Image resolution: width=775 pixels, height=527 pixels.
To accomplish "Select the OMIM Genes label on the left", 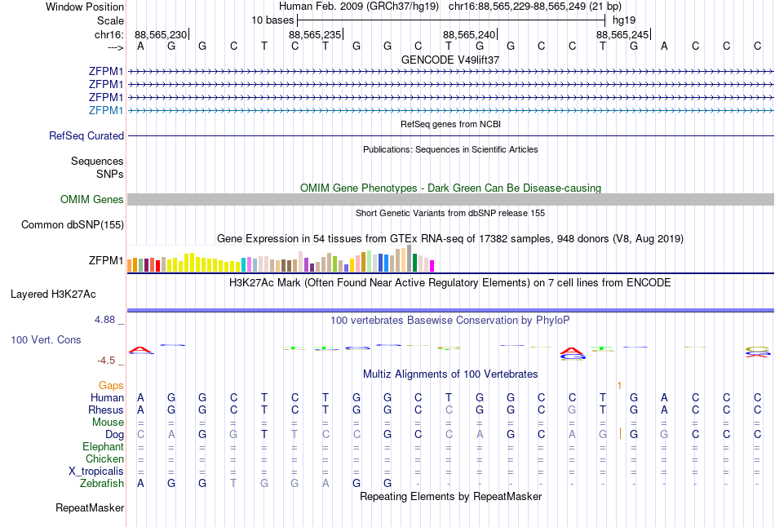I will point(92,200).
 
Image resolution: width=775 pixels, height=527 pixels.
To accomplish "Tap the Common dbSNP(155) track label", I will point(73,225).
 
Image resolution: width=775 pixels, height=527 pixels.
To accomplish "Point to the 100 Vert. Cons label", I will point(46,339).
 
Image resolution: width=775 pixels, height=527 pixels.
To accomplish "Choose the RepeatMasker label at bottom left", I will point(90,508).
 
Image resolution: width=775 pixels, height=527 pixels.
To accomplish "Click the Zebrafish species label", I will point(102,484).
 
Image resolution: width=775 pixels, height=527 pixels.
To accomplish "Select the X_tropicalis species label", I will point(96,472).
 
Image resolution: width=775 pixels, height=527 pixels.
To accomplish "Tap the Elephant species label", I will point(103,447).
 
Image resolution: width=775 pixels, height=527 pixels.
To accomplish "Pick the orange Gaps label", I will point(111,385).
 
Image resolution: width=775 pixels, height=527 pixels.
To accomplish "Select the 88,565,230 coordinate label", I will point(161,34).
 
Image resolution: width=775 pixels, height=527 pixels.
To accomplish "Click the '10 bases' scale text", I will point(272,20).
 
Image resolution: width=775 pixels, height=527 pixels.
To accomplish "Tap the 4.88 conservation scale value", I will point(105,320).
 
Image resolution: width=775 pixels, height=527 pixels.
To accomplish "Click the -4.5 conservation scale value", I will point(106,361).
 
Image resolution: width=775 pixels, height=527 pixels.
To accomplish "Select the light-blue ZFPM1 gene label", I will point(106,111).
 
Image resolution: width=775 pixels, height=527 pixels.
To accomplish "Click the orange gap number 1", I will point(620,385).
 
